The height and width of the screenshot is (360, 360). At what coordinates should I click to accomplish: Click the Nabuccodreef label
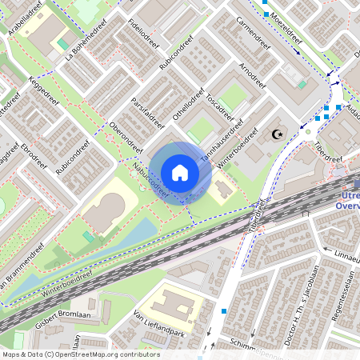(x=151, y=179)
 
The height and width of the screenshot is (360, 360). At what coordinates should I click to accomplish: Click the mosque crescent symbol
(x=278, y=135)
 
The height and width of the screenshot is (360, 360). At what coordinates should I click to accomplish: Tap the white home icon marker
(x=180, y=173)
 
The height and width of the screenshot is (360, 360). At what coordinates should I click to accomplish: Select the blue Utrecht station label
(x=350, y=200)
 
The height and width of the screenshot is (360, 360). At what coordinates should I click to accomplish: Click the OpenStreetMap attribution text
(x=81, y=354)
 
